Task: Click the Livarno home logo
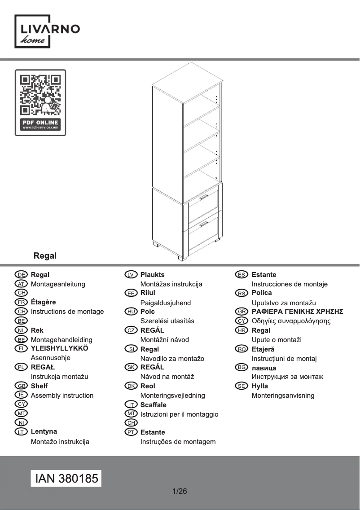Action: point(48,31)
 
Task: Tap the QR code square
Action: point(40,95)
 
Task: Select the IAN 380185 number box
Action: point(66,479)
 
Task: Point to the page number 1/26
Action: point(180,491)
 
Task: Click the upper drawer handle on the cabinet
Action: point(204,197)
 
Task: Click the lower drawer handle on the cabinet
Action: point(204,223)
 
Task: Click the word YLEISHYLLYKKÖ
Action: point(59,348)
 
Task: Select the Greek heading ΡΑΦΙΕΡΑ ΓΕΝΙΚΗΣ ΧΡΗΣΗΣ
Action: point(297,312)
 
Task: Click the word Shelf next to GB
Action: point(39,386)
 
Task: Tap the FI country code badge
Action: point(21,348)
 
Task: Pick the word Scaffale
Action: point(153,405)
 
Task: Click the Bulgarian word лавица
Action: point(264,368)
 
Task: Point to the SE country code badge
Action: point(242,386)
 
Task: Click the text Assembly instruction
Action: point(62,396)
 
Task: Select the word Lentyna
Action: point(44,432)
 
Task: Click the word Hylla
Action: point(259,386)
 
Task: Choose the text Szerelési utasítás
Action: point(167,321)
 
